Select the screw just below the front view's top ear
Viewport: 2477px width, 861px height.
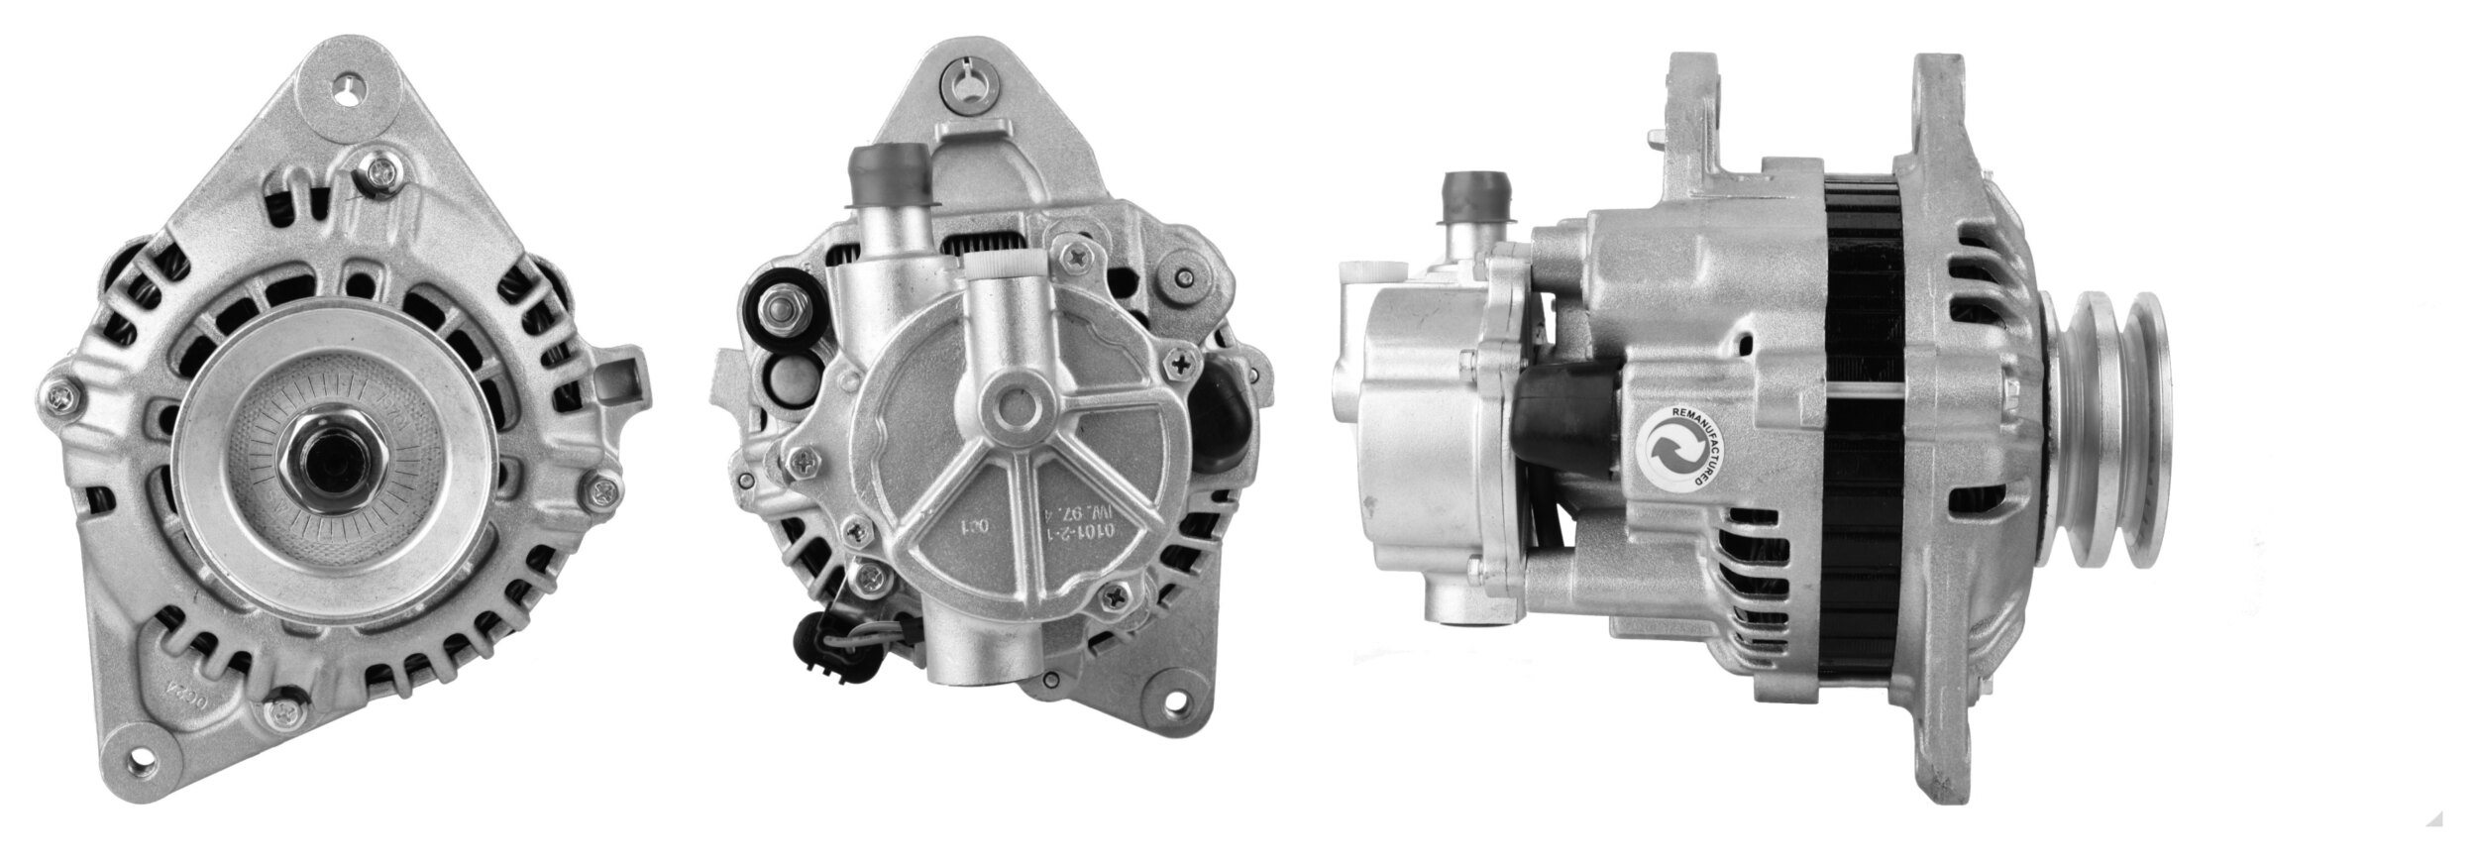click(380, 174)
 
